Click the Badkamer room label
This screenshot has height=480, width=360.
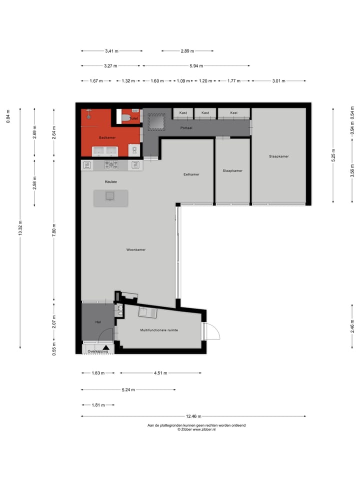pyautogui.click(x=107, y=136)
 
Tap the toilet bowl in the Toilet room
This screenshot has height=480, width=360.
pyautogui.click(x=124, y=118)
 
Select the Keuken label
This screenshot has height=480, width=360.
pyautogui.click(x=110, y=182)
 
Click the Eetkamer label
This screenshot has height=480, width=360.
pyautogui.click(x=191, y=174)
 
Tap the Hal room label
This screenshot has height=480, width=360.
pyautogui.click(x=98, y=322)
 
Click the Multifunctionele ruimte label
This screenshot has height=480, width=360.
pyautogui.click(x=159, y=330)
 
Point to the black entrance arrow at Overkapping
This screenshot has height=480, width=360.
pyautogui.click(x=106, y=347)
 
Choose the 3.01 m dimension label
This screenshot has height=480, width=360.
pyautogui.click(x=278, y=81)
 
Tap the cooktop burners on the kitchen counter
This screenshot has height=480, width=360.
pyautogui.click(x=111, y=164)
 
